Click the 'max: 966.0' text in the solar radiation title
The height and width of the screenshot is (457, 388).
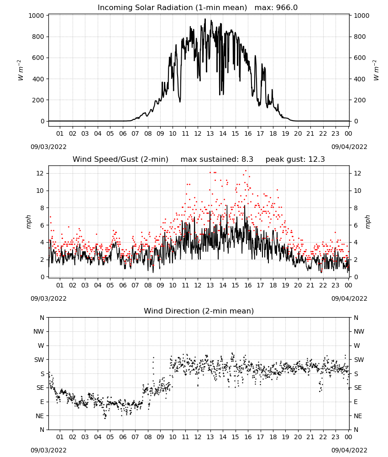tap(276, 7)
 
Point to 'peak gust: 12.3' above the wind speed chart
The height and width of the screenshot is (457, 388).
tap(295, 159)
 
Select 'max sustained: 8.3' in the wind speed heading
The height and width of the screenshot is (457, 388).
tap(217, 159)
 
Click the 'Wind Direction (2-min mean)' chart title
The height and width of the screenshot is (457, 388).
tap(199, 311)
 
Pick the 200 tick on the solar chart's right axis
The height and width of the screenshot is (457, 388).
tap(360, 100)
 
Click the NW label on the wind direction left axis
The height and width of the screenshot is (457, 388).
tap(39, 331)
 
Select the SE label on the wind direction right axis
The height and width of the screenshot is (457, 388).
tap(358, 388)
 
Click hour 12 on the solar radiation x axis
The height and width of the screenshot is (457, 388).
tap(198, 133)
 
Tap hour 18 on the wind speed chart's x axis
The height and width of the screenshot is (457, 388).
tap(273, 285)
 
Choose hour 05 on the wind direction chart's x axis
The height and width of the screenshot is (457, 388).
tap(110, 437)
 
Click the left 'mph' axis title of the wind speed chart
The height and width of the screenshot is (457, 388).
tap(28, 222)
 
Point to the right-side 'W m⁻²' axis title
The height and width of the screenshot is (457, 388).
tap(376, 70)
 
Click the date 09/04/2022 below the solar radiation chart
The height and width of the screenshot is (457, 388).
tap(349, 147)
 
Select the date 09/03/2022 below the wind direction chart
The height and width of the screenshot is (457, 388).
tap(48, 450)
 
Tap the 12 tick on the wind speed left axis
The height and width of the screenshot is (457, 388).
tap(40, 173)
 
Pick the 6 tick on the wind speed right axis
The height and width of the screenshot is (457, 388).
tap(356, 225)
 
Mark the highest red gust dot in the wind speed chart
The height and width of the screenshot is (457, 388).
tap(246, 171)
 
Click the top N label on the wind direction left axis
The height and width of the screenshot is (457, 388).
tap(42, 318)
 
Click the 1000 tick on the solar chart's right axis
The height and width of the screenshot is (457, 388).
tap(361, 16)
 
